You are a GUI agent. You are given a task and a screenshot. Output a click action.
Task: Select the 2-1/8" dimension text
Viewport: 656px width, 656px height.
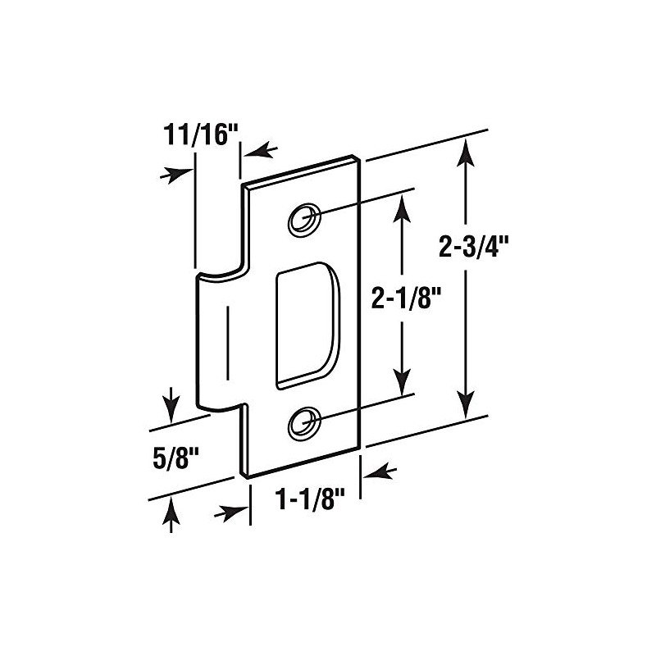(401, 300)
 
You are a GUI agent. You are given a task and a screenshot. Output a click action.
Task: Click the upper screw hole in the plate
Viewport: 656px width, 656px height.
(303, 219)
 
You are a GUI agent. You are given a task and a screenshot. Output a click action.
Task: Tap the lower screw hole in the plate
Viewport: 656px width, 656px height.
(304, 421)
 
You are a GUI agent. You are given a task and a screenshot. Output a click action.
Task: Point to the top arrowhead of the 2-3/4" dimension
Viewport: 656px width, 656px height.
(466, 151)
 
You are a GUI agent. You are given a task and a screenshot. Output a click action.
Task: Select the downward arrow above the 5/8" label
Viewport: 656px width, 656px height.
(171, 404)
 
